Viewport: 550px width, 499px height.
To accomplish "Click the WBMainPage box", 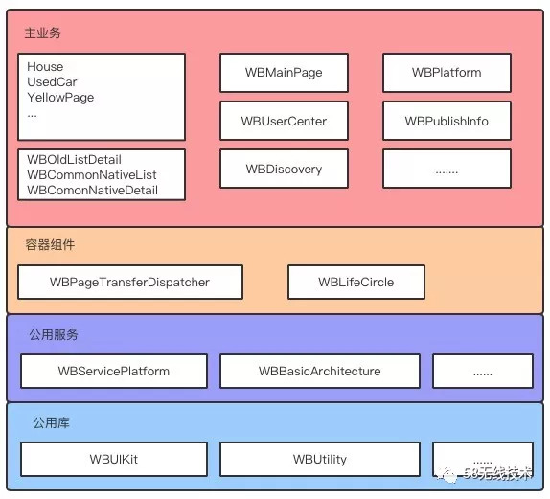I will point(284,73).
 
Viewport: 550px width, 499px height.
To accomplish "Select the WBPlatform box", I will point(447,73).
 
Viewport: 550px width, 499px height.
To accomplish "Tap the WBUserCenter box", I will point(284,122).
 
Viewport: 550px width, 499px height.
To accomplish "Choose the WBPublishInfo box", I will point(447,122).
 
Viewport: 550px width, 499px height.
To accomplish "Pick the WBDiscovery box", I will point(284,170).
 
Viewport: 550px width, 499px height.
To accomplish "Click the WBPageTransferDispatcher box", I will point(129,283).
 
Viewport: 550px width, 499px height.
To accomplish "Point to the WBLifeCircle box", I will point(355,283).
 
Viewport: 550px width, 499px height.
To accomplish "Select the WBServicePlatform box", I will point(114,372).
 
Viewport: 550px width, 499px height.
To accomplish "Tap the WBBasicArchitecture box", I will point(319,372).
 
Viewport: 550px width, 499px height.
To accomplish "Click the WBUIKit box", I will point(113,460).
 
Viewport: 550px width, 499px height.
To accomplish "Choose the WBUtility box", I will point(319,460).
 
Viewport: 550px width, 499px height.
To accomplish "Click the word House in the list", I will point(45,67).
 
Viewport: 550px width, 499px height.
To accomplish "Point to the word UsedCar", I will point(52,82).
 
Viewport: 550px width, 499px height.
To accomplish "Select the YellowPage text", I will point(60,98).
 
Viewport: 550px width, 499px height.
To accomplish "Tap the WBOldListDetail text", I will point(74,160).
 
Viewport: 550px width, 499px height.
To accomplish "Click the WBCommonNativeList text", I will point(91,175).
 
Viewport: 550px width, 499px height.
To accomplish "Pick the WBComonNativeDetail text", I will point(92,191).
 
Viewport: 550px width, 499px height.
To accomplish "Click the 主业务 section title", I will point(43,34).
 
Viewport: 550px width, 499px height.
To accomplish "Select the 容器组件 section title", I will point(50,246).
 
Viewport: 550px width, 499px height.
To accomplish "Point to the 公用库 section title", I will point(50,422).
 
